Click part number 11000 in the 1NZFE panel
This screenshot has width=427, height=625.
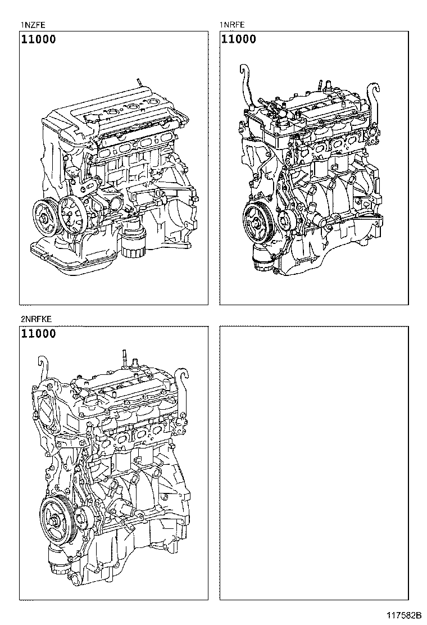click(x=39, y=39)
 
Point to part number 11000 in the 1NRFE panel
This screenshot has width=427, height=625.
click(x=238, y=39)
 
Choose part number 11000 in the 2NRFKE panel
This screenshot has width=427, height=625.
click(x=39, y=334)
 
